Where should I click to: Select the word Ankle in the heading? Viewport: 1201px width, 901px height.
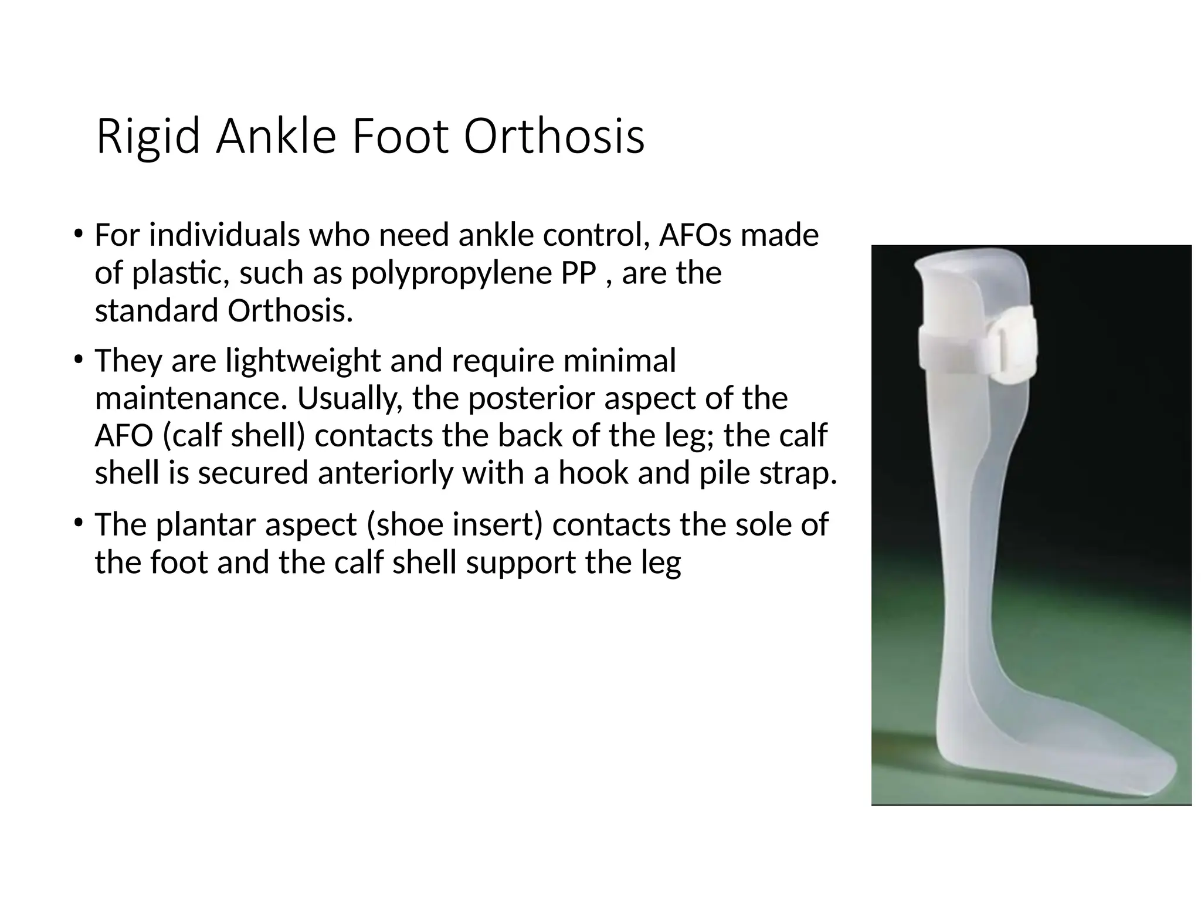276,137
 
